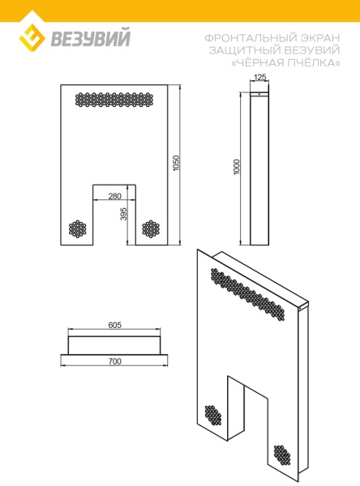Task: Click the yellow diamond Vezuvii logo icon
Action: (x=32, y=37)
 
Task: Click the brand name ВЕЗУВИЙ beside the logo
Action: (x=91, y=37)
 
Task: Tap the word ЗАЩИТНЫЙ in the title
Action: (x=245, y=50)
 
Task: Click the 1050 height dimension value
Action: (x=176, y=164)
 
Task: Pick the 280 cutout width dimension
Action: (x=114, y=196)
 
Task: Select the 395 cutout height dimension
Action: (x=123, y=214)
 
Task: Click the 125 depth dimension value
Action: (x=259, y=77)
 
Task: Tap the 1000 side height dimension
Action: (x=237, y=167)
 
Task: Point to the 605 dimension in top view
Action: (x=114, y=325)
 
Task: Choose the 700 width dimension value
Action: (x=114, y=361)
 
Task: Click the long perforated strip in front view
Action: (x=114, y=100)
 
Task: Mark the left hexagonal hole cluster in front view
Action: (x=78, y=229)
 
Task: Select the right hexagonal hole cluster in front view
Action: (x=151, y=229)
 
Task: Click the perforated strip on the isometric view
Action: (x=247, y=295)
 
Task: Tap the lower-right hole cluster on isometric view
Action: (x=282, y=455)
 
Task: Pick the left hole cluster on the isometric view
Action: (x=213, y=416)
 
